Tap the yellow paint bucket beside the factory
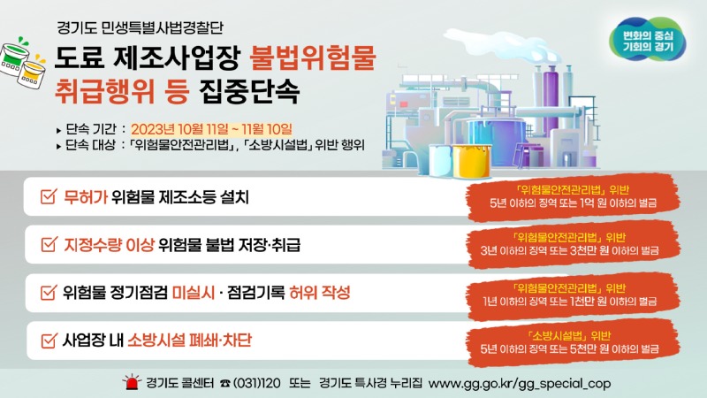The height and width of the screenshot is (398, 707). point(472,161)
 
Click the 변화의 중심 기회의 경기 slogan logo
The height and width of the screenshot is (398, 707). point(648,40)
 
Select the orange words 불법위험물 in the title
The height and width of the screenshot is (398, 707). point(313,57)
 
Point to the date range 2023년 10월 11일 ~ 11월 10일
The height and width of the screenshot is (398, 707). point(211,129)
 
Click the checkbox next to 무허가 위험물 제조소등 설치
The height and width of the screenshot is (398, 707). point(49,196)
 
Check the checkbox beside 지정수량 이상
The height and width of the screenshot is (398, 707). point(49,245)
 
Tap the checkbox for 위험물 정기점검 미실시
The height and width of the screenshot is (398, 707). point(49,293)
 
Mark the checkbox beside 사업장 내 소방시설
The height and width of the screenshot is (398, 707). point(49,341)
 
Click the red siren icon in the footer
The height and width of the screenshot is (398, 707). point(132,382)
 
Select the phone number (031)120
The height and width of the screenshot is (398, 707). point(251,383)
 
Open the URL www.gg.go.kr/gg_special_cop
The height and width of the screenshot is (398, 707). point(520,384)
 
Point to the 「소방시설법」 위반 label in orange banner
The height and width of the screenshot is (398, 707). point(569,336)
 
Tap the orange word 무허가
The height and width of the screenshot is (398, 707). point(85,196)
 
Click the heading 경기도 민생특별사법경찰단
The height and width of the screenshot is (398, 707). point(140,28)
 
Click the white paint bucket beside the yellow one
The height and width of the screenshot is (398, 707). point(440,160)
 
